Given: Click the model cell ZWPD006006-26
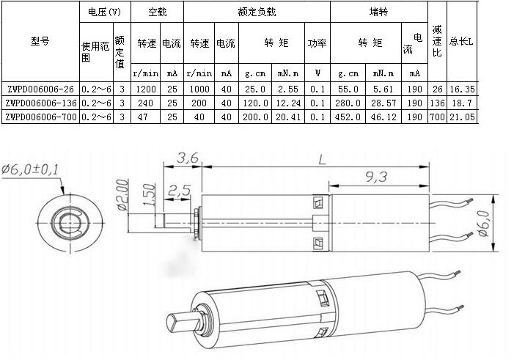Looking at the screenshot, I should coord(40,88).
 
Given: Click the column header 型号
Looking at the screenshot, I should coord(40,42).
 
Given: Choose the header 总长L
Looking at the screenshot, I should coord(461,42).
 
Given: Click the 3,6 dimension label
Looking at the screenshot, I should coord(187,157).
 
